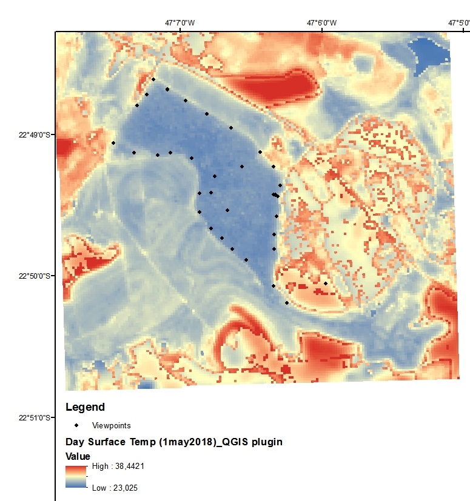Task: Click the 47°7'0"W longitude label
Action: coord(180,23)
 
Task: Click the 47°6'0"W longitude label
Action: coord(321,23)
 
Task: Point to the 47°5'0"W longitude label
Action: coord(460,23)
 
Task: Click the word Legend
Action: coord(85,407)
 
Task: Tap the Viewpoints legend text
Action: coord(111,425)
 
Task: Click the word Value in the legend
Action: coord(78,456)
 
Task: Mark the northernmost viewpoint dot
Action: coord(153,79)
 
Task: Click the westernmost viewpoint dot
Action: coord(113,143)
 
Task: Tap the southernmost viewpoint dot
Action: coord(287,302)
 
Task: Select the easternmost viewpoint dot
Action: coord(326,283)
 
